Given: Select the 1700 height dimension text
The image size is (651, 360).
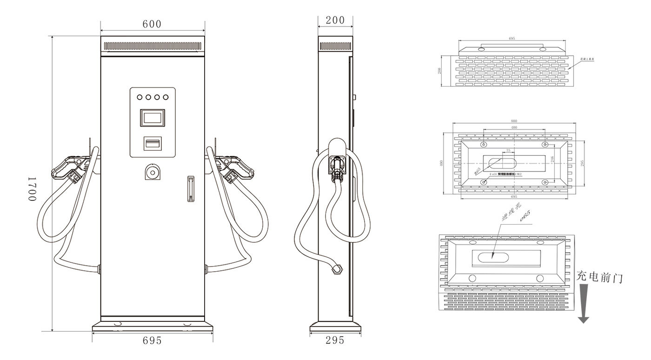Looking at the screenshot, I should [32, 188].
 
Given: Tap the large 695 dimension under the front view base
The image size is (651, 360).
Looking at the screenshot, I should [152, 341].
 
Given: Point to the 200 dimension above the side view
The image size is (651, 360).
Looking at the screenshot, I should [335, 20].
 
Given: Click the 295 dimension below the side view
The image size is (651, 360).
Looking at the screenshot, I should [335, 340].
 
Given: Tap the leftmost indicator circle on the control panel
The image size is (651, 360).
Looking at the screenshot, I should [139, 97].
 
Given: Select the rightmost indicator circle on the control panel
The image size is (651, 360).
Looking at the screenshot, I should [165, 97].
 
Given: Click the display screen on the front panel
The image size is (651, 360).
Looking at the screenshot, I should [152, 118].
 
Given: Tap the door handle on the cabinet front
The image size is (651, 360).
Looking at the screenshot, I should [190, 189].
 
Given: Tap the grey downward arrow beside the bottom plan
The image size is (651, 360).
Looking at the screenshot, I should [583, 304].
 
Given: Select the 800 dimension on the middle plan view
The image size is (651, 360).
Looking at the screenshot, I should [513, 121].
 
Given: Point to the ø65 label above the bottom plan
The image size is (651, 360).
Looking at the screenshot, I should [525, 217].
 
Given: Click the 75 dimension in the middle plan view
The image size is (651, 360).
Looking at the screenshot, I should [508, 151].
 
